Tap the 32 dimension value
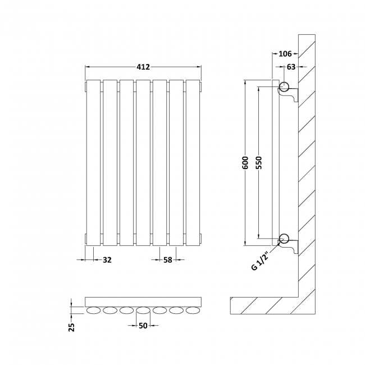[106, 259]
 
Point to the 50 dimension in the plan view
[143, 325]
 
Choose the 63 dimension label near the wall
[291, 67]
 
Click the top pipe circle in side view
[284, 87]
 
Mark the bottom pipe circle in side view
[284, 238]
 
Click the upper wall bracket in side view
[292, 97]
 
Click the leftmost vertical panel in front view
[93, 163]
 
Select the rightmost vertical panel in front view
[193, 163]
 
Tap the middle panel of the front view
[143, 163]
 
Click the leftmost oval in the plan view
[93, 311]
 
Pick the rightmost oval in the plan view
[193, 311]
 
